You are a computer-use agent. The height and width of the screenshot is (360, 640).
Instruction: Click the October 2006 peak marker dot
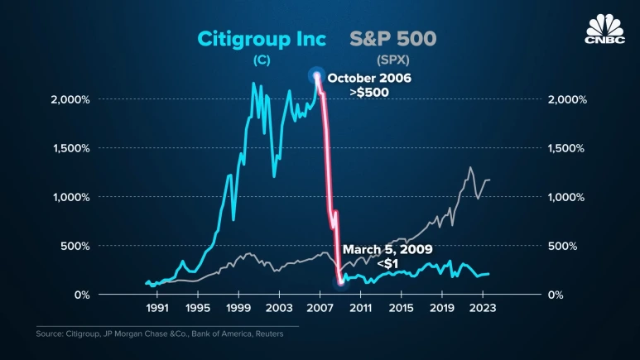click(316, 76)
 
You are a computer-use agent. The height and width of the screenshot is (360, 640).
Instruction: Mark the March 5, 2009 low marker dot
click(340, 282)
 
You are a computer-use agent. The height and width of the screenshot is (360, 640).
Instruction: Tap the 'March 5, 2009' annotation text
click(387, 249)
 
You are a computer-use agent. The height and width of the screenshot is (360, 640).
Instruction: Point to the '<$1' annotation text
click(387, 263)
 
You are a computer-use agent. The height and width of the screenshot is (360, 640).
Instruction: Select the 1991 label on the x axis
click(157, 307)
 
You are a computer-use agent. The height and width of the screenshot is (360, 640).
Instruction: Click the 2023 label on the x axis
click(482, 307)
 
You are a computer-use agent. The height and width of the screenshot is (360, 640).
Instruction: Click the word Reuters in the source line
click(266, 334)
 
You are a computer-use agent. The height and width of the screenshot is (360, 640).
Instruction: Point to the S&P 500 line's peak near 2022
click(471, 168)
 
